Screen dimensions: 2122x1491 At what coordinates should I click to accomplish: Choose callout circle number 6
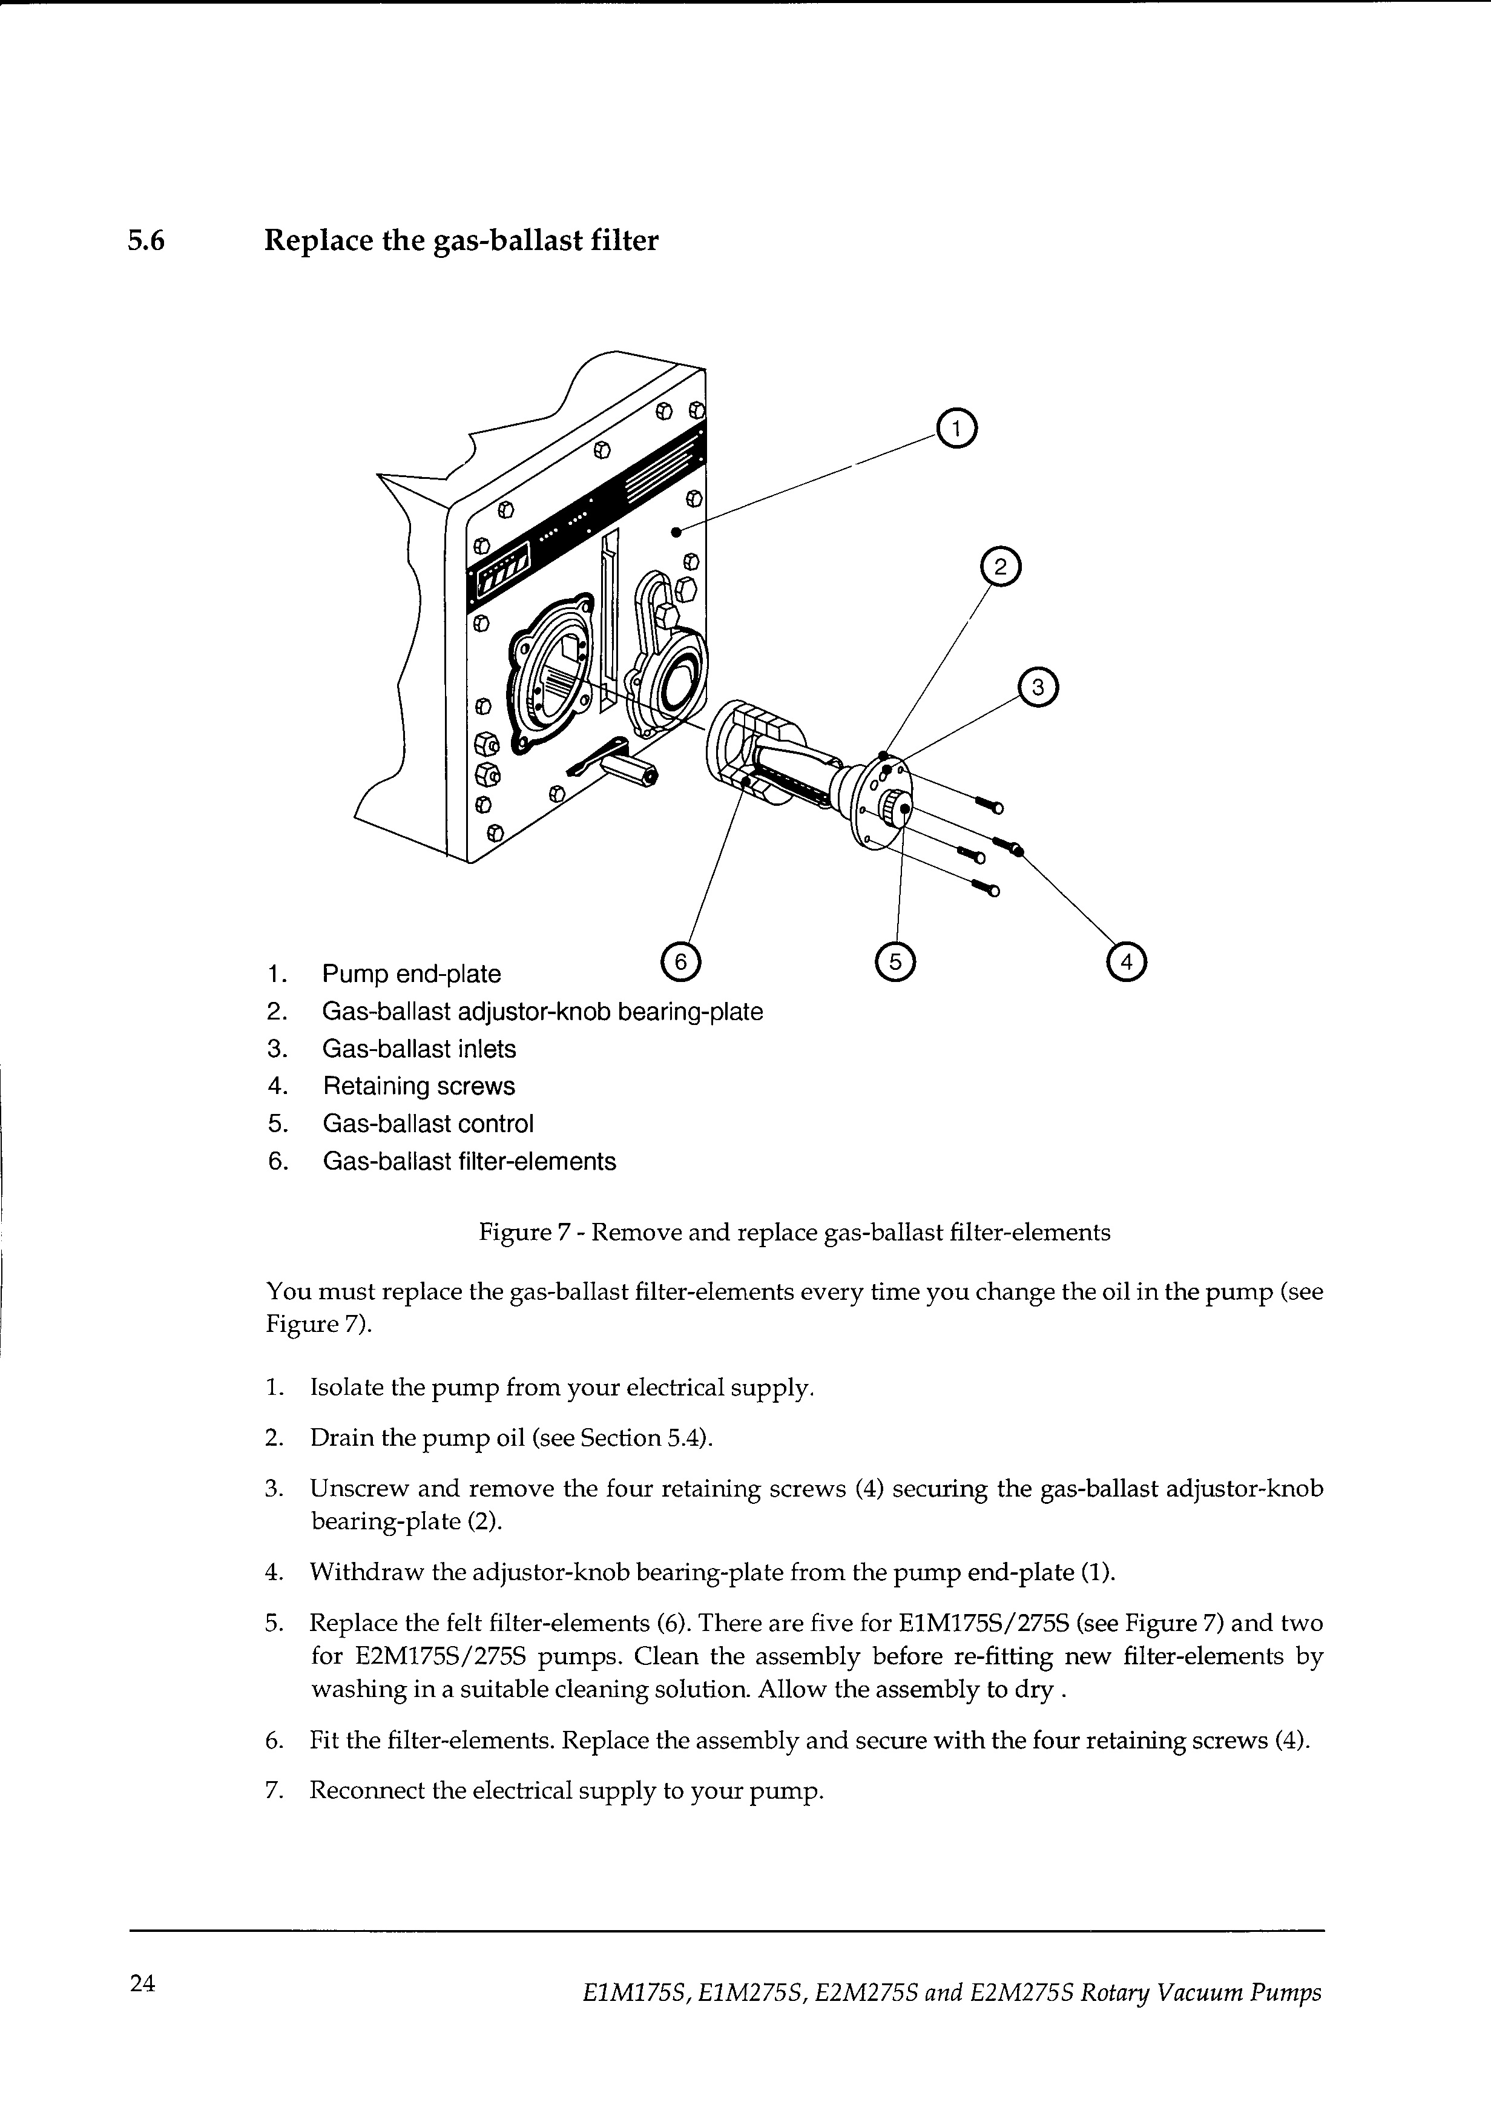pos(681,962)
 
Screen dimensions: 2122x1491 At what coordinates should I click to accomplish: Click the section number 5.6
pos(145,241)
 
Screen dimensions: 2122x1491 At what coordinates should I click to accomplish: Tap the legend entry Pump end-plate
pos(412,974)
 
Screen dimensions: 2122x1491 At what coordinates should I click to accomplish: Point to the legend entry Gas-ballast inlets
pos(419,1049)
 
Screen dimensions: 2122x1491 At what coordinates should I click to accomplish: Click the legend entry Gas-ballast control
pos(428,1124)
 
